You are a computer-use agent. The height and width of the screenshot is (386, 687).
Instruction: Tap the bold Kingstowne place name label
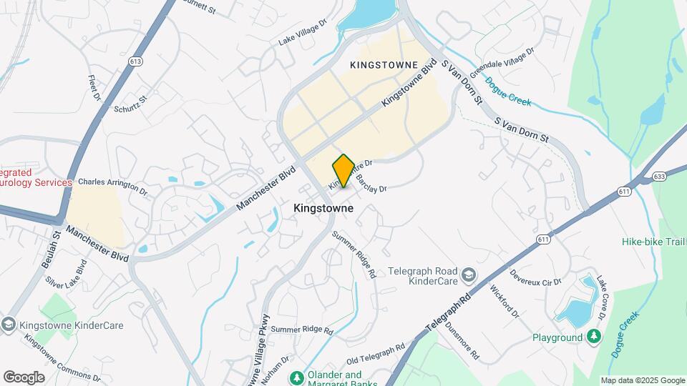click(323, 208)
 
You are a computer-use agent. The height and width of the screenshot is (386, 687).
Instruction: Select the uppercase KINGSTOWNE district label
click(384, 65)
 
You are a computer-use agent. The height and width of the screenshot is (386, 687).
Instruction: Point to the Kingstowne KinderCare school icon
click(9, 325)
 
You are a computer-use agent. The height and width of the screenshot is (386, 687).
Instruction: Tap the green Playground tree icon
click(593, 337)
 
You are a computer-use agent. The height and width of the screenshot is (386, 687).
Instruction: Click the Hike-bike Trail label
click(653, 242)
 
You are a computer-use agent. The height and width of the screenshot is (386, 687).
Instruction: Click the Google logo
click(24, 377)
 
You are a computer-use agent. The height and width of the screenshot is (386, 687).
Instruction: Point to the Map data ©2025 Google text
click(642, 380)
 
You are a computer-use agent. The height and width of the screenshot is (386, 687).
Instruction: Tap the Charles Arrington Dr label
click(112, 187)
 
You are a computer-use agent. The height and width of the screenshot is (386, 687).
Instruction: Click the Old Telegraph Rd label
click(376, 353)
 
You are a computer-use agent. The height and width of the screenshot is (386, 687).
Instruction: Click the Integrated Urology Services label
click(36, 177)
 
